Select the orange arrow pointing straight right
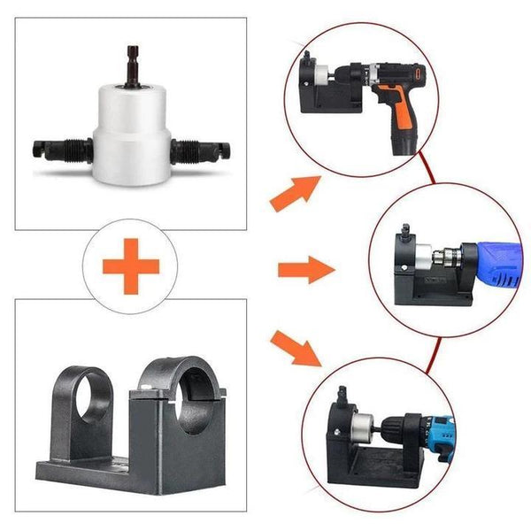click(305, 267)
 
